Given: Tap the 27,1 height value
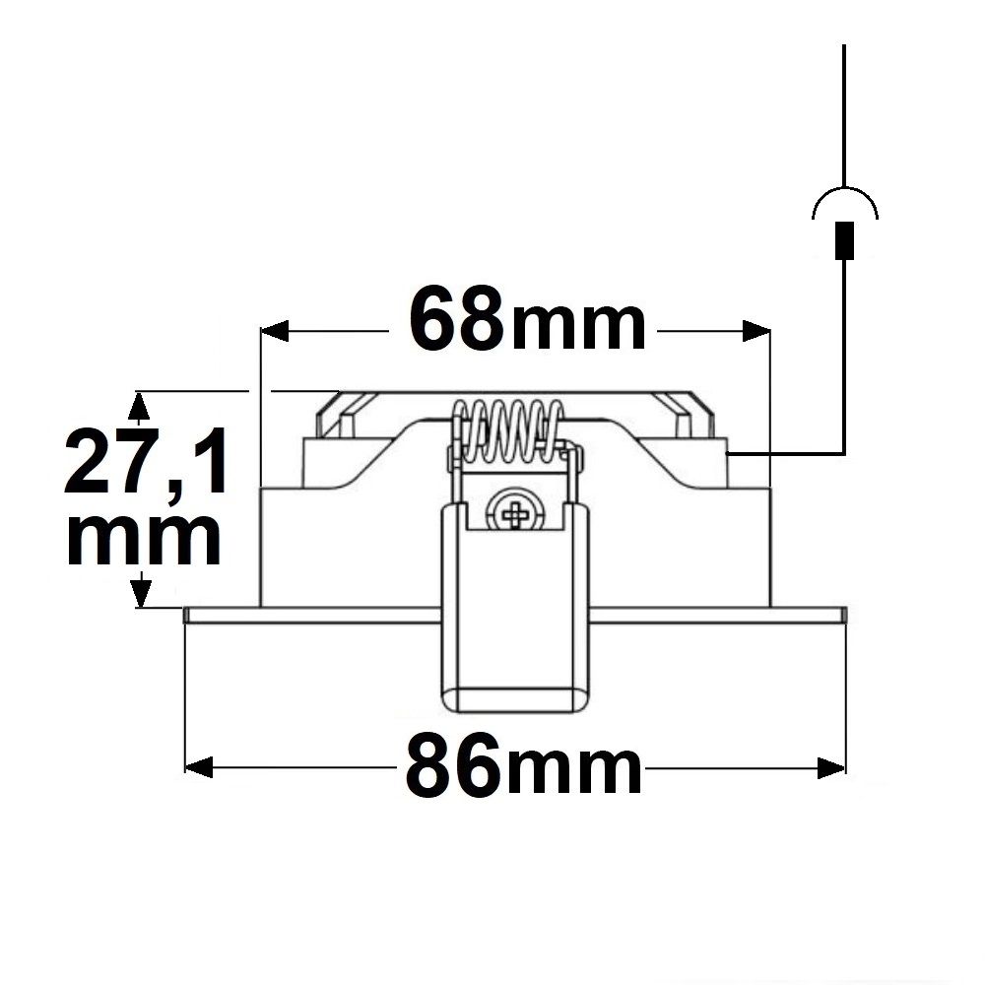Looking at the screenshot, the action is point(146,460).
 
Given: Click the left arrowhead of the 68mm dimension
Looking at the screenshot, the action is point(275,330).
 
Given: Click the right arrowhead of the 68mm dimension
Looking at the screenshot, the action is point(755,330).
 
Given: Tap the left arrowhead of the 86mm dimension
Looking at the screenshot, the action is point(199,767).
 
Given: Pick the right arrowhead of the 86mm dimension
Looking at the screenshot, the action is point(831,767).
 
